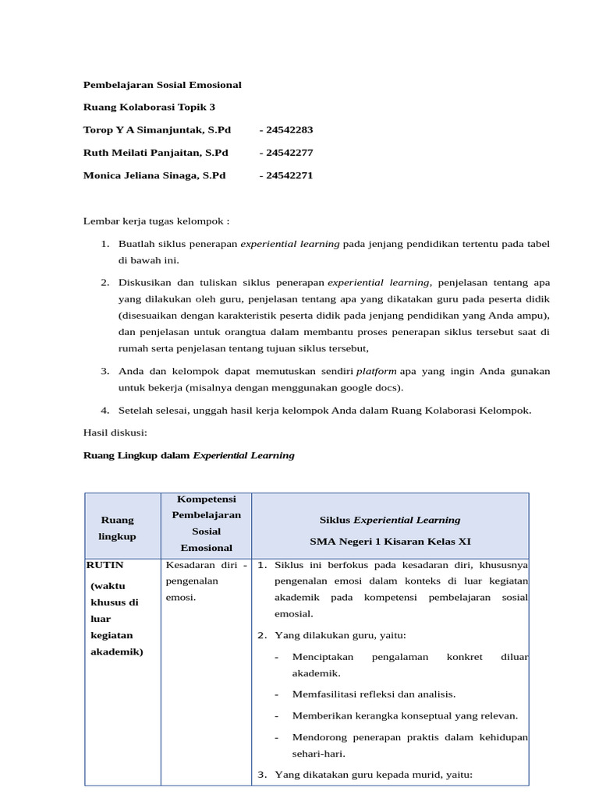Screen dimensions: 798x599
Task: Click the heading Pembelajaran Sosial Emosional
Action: coord(162,84)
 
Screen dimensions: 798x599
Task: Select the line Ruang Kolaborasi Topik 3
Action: coord(149,107)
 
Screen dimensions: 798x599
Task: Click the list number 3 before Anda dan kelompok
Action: coord(105,371)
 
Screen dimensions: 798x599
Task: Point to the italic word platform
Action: coord(376,371)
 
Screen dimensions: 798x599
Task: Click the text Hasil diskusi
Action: coord(115,433)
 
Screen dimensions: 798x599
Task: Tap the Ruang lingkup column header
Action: coord(117,528)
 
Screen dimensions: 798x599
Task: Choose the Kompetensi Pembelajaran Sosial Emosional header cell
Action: coord(207,522)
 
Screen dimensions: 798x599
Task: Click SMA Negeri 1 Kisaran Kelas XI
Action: coord(390,541)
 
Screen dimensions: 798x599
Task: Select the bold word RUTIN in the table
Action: coord(105,564)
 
